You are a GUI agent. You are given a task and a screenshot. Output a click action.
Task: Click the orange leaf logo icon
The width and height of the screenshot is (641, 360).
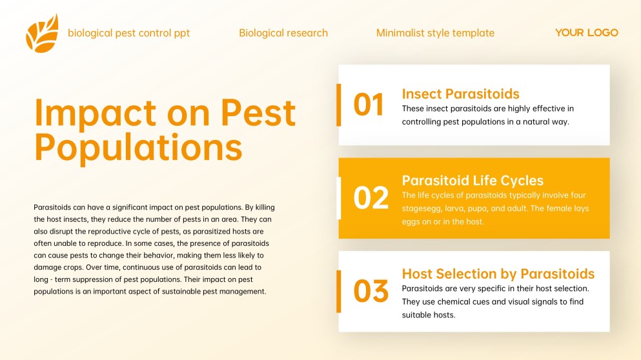tap(42, 34)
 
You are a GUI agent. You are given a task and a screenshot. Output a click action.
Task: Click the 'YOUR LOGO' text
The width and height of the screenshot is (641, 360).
tap(586, 33)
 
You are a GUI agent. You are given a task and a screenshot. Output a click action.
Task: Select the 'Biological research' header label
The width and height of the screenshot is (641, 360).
tap(283, 33)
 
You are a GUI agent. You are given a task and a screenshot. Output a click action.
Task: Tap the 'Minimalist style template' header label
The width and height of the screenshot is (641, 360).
tap(435, 33)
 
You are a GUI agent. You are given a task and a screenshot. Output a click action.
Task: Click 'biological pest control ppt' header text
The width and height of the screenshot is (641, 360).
tap(129, 33)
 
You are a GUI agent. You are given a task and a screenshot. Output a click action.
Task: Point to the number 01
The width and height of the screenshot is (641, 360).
tap(369, 105)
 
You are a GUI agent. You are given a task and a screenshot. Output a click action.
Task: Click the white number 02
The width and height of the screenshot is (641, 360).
tap(371, 198)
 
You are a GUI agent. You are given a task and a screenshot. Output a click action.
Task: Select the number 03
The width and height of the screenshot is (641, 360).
tap(371, 292)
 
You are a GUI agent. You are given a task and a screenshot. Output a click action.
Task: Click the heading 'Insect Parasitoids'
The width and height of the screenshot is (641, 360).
tap(460, 94)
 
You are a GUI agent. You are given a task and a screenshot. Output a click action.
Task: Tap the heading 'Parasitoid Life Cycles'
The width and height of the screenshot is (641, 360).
tap(473, 181)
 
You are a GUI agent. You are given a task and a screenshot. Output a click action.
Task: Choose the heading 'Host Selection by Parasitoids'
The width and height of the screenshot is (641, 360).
tap(498, 274)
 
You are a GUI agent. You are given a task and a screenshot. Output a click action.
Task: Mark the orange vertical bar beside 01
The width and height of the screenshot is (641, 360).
tap(338, 105)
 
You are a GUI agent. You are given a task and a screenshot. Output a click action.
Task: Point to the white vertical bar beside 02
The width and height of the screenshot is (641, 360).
tap(339, 198)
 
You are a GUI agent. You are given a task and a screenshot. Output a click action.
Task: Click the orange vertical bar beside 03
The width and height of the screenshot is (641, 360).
tap(338, 292)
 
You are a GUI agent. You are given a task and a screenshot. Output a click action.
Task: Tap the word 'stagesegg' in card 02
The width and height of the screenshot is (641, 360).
tap(422, 208)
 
